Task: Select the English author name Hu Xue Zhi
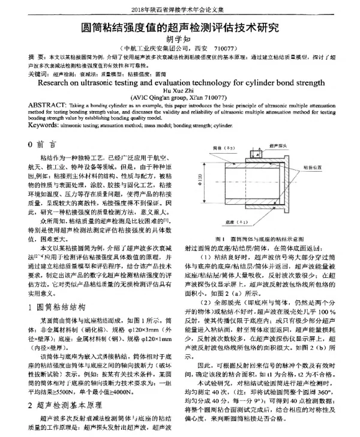(180, 89)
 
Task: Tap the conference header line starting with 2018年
(180, 8)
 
